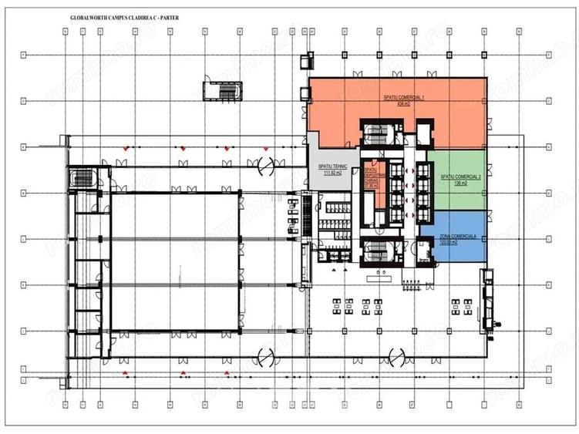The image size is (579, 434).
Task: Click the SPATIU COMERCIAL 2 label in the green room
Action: pos(460,177)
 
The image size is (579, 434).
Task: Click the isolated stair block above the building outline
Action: pos(220,89)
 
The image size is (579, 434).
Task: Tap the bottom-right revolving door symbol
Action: pos(397,356)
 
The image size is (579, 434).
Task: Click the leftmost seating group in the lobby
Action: pos(336,304)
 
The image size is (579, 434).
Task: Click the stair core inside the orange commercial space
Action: pos(379,132)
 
